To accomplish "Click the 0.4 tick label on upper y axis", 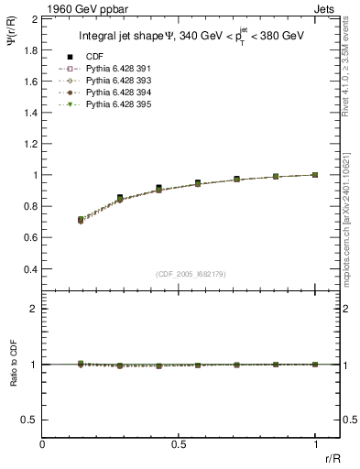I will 30,269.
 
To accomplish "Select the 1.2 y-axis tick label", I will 30,143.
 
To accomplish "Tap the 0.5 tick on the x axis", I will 179,444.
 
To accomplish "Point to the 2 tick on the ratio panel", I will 34,309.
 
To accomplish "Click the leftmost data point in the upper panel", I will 81,220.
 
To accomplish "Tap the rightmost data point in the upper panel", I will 315,174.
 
